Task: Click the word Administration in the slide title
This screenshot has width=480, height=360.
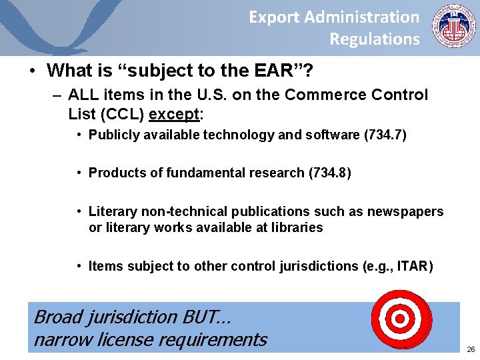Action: (371, 17)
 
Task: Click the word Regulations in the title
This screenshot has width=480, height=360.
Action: (375, 39)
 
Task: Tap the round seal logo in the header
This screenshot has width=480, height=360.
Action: (453, 27)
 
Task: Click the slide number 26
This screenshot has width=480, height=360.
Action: (471, 349)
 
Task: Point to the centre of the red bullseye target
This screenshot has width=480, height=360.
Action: (400, 319)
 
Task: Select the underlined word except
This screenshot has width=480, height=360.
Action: (175, 114)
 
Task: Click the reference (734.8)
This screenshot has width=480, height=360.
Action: (329, 173)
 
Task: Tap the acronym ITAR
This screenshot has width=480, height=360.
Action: (414, 267)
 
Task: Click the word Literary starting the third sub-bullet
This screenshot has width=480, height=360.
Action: (113, 212)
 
